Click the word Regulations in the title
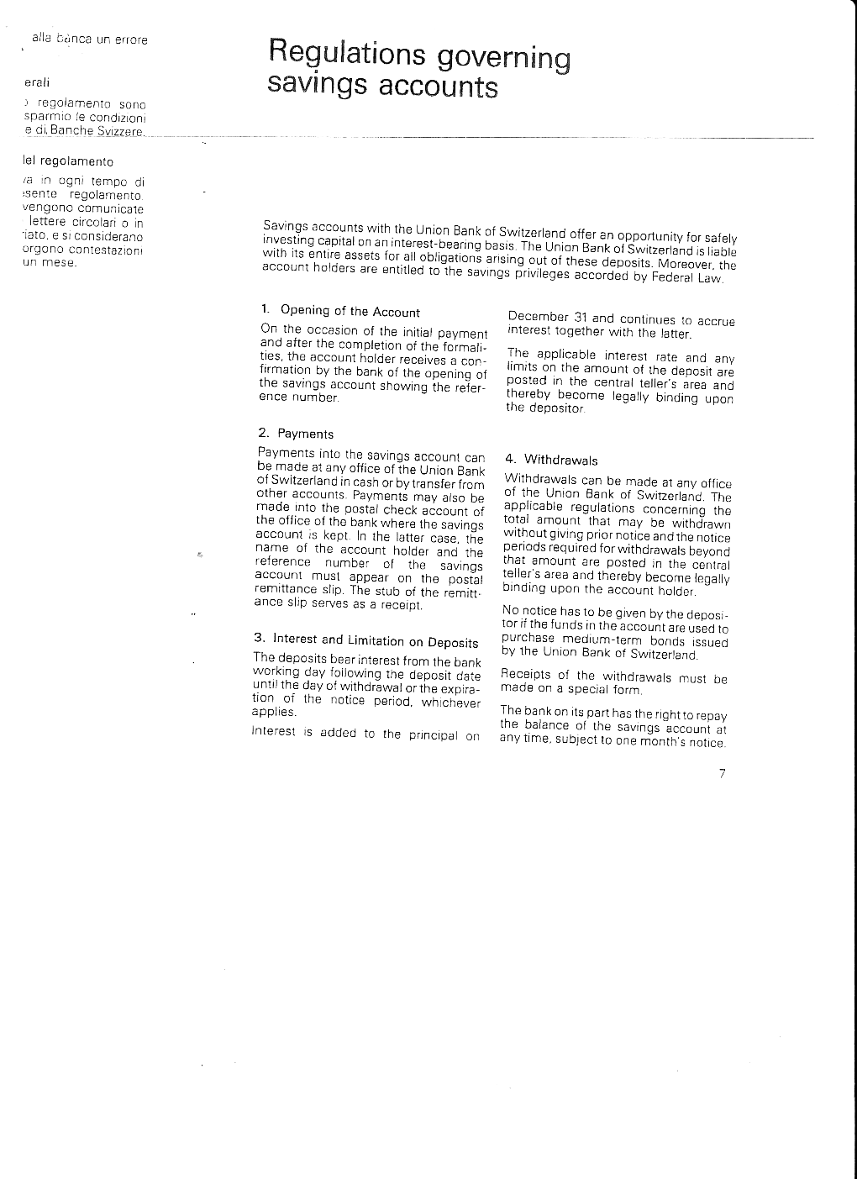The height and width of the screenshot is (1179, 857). [348, 53]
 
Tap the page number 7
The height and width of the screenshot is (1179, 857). [722, 774]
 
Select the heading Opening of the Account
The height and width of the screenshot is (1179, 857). [350, 312]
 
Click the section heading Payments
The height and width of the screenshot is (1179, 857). [306, 434]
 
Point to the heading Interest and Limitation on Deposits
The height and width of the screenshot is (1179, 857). [376, 641]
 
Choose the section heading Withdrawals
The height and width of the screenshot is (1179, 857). [561, 460]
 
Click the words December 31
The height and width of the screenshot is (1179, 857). [547, 318]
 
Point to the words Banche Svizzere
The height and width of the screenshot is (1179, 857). [97, 132]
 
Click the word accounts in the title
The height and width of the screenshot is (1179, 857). [438, 87]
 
